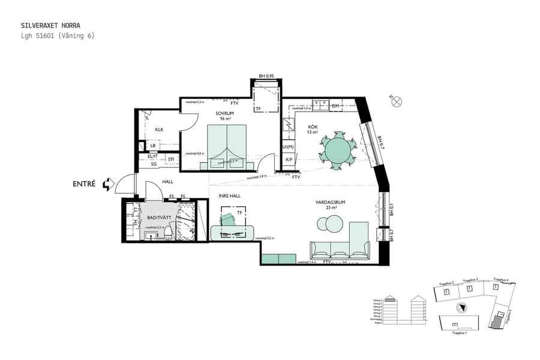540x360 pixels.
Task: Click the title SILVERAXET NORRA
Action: [50, 26]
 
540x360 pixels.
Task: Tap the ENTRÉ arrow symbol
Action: [108, 184]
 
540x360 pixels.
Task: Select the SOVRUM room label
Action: [224, 113]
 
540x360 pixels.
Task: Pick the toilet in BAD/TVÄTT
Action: [169, 231]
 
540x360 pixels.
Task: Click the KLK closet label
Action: [159, 130]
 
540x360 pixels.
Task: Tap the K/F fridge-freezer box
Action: [289, 160]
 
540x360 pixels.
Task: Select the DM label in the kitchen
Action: [335, 106]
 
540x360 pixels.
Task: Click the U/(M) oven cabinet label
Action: [288, 146]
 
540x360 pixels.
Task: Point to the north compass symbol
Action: [396, 102]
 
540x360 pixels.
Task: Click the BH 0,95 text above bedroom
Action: [266, 76]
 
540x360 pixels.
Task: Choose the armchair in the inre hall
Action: [228, 220]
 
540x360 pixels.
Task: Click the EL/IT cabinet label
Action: [152, 156]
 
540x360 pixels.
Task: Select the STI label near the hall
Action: [171, 160]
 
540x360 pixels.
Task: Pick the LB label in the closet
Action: [153, 146]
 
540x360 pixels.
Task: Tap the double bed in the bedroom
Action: [227, 144]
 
